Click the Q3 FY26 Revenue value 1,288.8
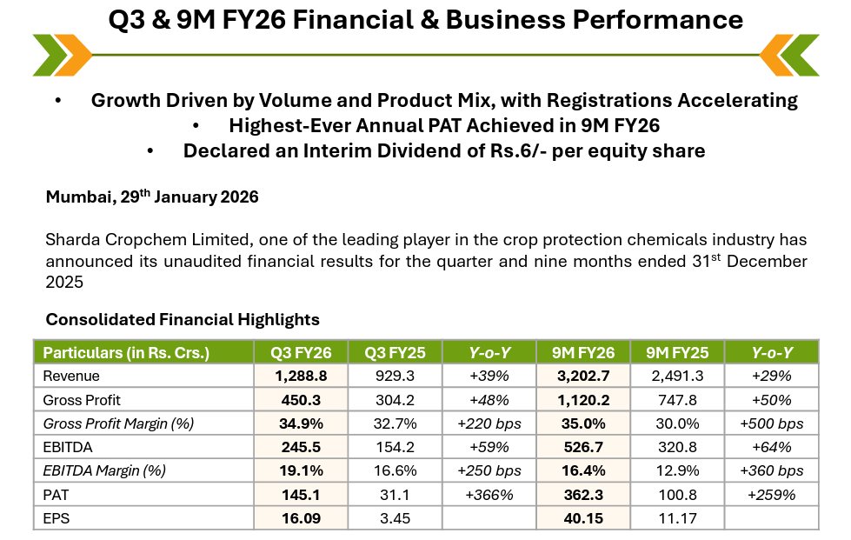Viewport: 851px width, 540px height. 301,376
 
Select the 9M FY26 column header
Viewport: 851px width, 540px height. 583,352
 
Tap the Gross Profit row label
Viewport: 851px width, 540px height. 82,400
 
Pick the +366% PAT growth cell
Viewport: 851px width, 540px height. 489,495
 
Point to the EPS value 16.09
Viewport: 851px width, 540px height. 301,518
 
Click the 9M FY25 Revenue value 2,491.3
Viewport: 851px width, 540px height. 677,376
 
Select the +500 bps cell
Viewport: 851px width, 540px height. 771,423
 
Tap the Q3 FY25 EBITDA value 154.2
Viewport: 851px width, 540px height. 395,447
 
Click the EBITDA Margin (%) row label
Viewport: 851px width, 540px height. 104,470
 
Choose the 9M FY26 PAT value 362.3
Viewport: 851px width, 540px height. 583,495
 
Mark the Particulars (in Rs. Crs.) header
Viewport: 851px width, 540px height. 126,353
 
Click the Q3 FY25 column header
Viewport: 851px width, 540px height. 395,352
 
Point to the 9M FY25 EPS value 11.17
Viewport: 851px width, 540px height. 677,518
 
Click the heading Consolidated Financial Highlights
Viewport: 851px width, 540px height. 183,319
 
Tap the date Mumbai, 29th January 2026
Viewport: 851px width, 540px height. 152,197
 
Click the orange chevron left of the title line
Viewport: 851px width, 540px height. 73,55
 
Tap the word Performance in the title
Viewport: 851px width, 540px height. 657,20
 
